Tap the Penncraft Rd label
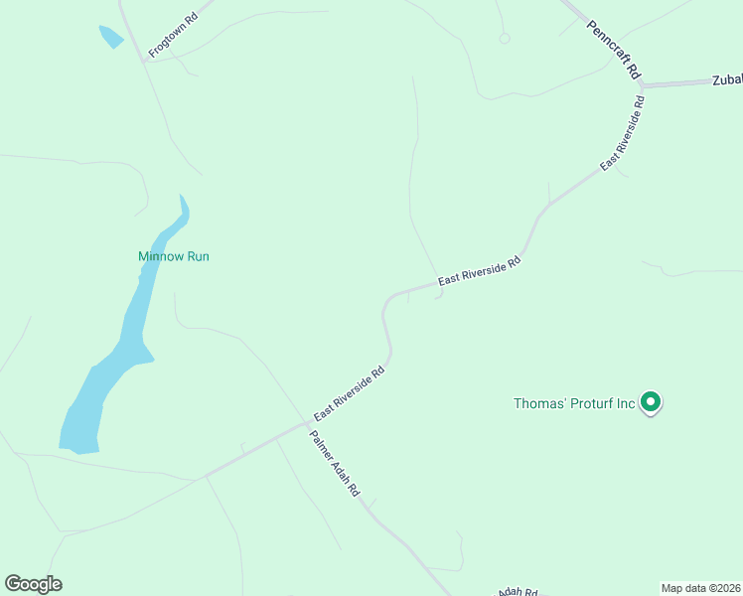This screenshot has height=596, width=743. click(615, 50)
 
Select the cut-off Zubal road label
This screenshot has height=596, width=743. click(727, 80)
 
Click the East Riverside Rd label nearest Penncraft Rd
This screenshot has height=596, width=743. click(623, 133)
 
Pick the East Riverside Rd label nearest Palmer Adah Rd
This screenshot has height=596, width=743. click(349, 394)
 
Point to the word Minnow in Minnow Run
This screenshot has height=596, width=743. click(158, 256)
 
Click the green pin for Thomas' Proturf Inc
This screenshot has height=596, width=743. click(651, 402)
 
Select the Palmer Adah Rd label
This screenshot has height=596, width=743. click(334, 464)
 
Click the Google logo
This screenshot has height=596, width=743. click(33, 584)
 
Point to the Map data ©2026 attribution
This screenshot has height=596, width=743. click(700, 587)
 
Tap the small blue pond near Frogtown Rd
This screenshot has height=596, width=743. click(110, 37)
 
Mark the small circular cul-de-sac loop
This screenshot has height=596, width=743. click(505, 38)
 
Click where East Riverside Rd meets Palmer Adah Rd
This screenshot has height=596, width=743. click(306, 424)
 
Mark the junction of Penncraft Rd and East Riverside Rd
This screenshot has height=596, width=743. click(642, 87)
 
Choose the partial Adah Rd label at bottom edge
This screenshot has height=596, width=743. click(517, 591)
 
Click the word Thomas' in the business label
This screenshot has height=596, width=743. click(538, 403)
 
